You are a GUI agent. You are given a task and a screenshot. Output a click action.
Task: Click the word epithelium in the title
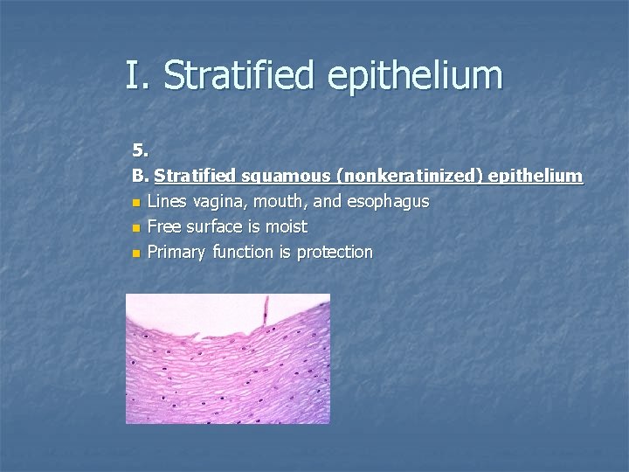[x=415, y=77]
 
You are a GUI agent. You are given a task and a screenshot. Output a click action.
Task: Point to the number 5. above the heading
[x=141, y=151]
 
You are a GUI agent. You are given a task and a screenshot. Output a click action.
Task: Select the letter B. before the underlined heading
[x=141, y=177]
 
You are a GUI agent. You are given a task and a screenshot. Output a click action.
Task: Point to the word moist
[x=285, y=227]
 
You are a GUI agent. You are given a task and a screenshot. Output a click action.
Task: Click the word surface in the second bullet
[x=212, y=227]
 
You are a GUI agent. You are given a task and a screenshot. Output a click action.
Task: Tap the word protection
[x=335, y=253]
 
